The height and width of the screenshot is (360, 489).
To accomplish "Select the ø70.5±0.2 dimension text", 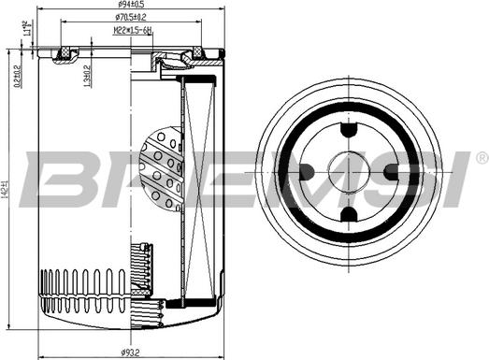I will tap(131, 18).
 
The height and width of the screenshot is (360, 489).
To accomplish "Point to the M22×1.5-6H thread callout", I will tap(132, 30).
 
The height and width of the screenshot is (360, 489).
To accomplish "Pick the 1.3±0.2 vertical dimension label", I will tap(86, 75).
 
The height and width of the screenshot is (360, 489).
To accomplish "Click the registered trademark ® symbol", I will tap(481, 156).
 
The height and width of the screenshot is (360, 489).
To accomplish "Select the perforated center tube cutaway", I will tap(161, 168).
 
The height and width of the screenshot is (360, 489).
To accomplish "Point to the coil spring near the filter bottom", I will tap(142, 271).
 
